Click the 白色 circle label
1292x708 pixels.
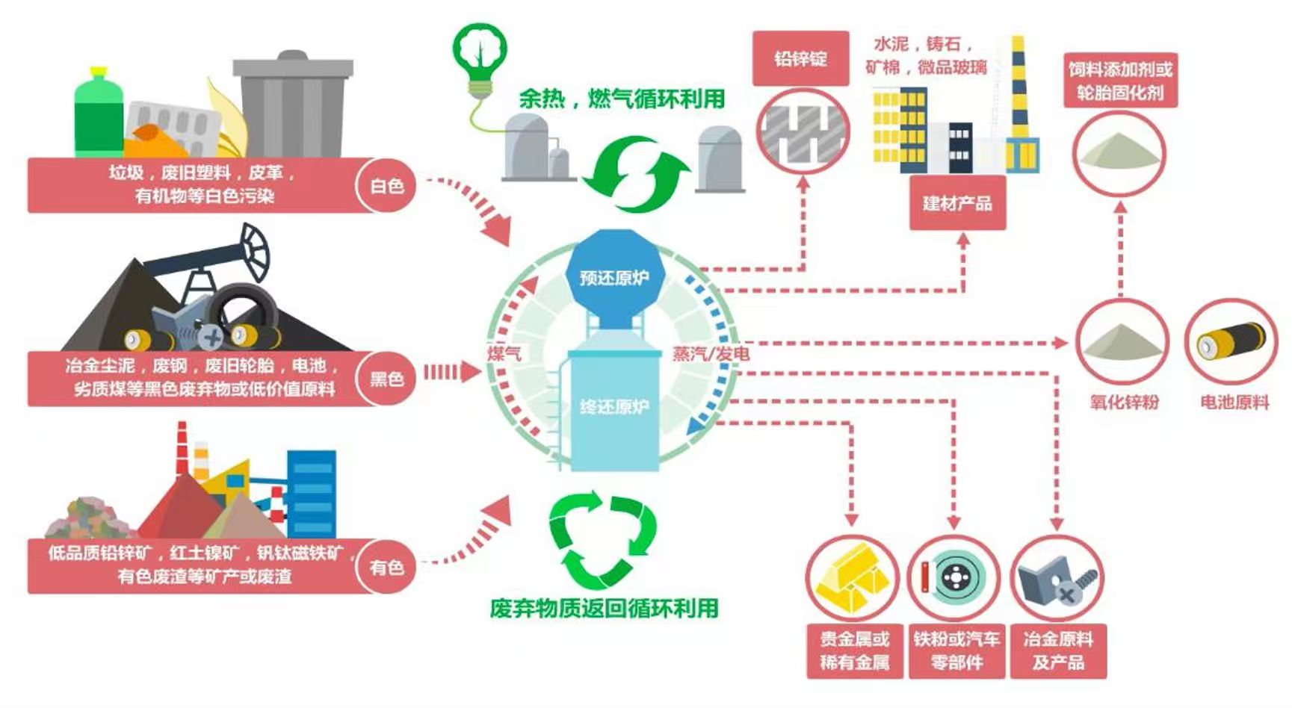coord(386,185)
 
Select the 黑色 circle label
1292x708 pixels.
coord(386,379)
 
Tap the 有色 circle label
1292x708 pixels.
coord(386,568)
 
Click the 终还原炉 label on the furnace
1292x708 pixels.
coord(613,407)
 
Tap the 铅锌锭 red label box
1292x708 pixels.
coord(800,58)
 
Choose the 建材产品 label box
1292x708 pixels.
coord(957,203)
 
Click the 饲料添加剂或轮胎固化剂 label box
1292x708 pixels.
coord(1120,81)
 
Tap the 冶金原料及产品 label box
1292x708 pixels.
coord(1057,650)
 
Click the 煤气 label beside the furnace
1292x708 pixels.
coord(504,353)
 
